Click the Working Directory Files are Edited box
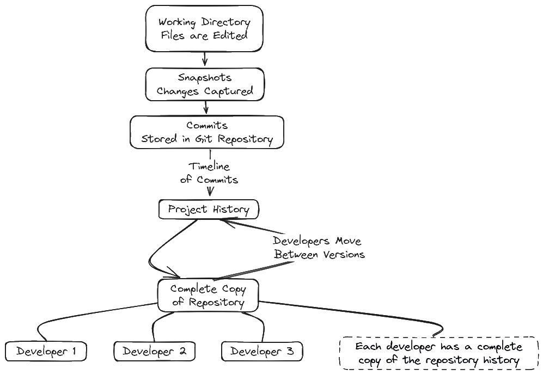(x=203, y=28)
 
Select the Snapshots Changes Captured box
(x=204, y=84)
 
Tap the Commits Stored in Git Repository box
(x=207, y=131)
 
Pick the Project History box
(x=209, y=210)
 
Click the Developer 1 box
(x=46, y=352)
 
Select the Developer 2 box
(x=154, y=352)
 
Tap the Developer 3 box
(x=262, y=352)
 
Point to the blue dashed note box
(x=438, y=353)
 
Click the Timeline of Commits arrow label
(x=210, y=173)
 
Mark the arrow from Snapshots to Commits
(x=206, y=107)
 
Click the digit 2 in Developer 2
(x=183, y=352)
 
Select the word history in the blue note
(x=501, y=360)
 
